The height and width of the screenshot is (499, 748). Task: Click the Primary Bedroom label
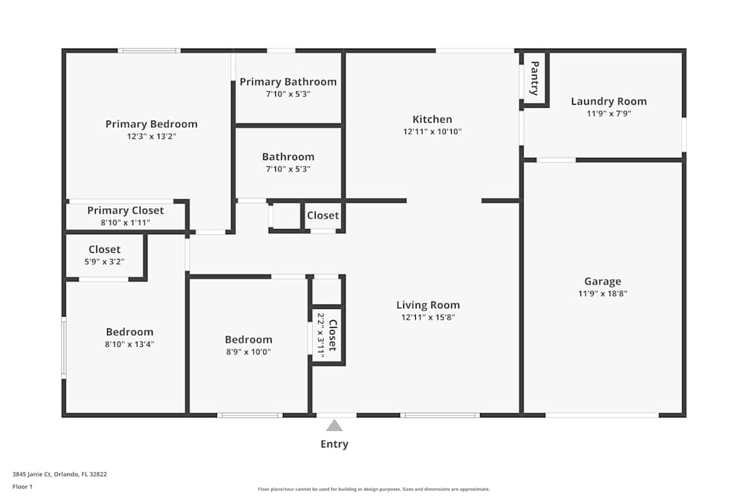(x=151, y=124)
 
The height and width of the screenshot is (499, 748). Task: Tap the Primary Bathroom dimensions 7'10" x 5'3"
(x=288, y=94)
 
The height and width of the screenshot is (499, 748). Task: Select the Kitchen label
(x=432, y=119)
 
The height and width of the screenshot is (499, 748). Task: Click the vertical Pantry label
(x=534, y=79)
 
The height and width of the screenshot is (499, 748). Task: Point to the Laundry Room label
(x=608, y=102)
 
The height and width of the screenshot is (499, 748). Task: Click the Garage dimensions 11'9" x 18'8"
(x=602, y=294)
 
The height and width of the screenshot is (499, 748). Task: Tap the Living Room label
(x=428, y=304)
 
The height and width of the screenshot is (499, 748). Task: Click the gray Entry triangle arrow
(x=334, y=426)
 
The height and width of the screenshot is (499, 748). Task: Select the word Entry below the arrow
(x=334, y=444)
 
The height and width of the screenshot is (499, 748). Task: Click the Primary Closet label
(x=125, y=211)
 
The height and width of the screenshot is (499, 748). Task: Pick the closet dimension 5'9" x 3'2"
(x=105, y=262)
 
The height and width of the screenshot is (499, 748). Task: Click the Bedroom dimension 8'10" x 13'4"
(x=129, y=344)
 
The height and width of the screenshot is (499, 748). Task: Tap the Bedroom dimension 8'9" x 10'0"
(x=248, y=352)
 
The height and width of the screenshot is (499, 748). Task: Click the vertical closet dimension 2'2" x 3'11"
(x=320, y=335)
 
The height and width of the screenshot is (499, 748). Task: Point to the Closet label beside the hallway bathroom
(x=322, y=215)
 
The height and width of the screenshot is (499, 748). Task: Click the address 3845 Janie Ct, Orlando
(x=60, y=474)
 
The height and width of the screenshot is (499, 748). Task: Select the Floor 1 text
(x=22, y=486)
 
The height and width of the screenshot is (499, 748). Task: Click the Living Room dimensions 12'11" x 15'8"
(x=428, y=317)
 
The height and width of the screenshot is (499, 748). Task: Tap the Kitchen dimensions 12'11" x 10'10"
(x=432, y=132)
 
